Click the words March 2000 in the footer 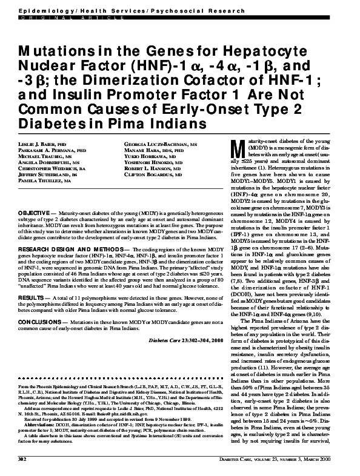[335, 461]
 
